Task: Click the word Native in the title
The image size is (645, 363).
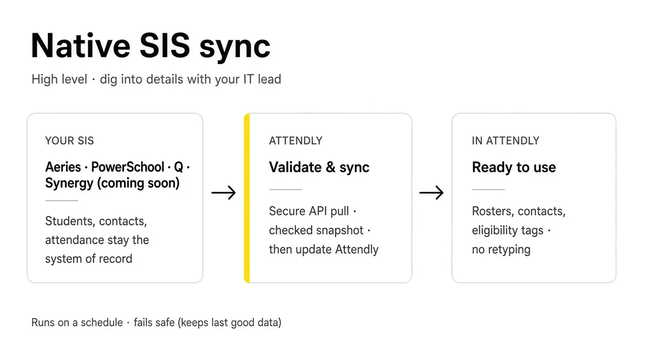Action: click(x=81, y=45)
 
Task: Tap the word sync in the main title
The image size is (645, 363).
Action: click(x=235, y=47)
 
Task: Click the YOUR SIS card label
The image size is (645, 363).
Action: click(x=70, y=141)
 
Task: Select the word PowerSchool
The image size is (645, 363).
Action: click(x=127, y=167)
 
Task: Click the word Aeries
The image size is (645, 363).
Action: click(x=63, y=167)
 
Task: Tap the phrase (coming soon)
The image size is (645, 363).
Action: click(x=138, y=184)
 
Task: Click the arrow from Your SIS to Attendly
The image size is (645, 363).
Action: click(x=223, y=193)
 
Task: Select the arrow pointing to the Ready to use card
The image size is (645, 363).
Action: click(x=431, y=193)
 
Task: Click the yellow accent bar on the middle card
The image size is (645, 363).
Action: click(x=247, y=198)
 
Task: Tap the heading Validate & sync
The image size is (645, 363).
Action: click(x=319, y=167)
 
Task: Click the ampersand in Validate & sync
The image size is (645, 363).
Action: click(x=331, y=167)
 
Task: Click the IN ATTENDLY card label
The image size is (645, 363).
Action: click(x=505, y=141)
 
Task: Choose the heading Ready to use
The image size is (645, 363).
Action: click(x=513, y=167)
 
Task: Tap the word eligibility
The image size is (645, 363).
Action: click(x=493, y=230)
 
